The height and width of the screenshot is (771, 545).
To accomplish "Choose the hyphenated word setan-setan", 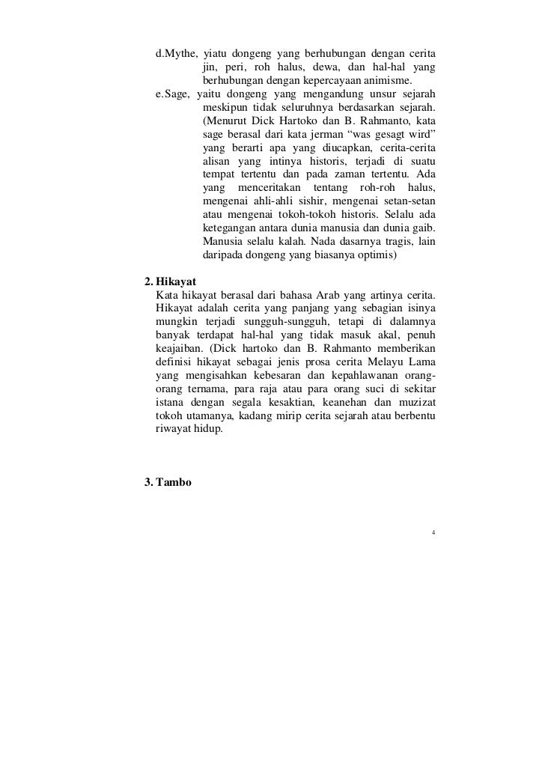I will (x=411, y=201).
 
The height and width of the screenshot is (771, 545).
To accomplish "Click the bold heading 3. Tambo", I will (x=167, y=483).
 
